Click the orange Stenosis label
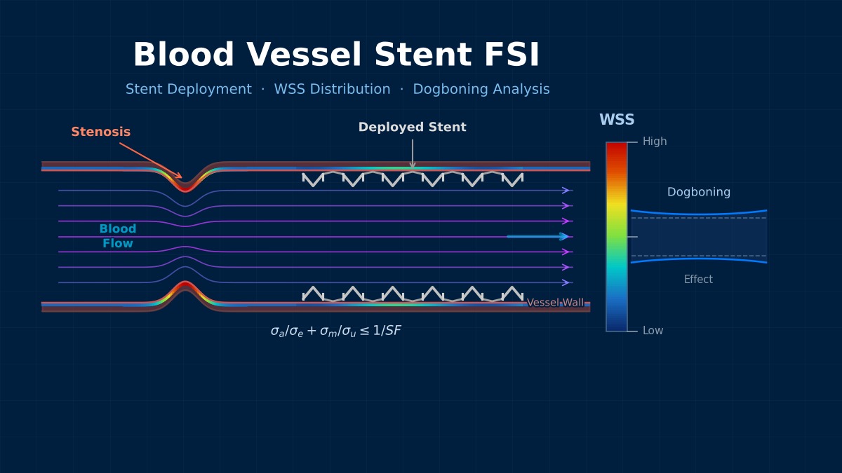point(100,132)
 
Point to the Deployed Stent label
point(412,128)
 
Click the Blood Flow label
point(118,237)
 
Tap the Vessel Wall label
point(555,303)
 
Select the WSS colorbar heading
point(616,120)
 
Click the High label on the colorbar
point(654,142)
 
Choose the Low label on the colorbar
point(653,331)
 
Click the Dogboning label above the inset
point(698,192)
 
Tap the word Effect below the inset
point(698,280)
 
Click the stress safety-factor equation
point(335,331)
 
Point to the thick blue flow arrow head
point(563,237)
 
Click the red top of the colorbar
point(616,149)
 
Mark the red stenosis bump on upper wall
point(185,186)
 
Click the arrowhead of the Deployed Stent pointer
point(413,165)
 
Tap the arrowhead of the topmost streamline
point(566,191)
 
